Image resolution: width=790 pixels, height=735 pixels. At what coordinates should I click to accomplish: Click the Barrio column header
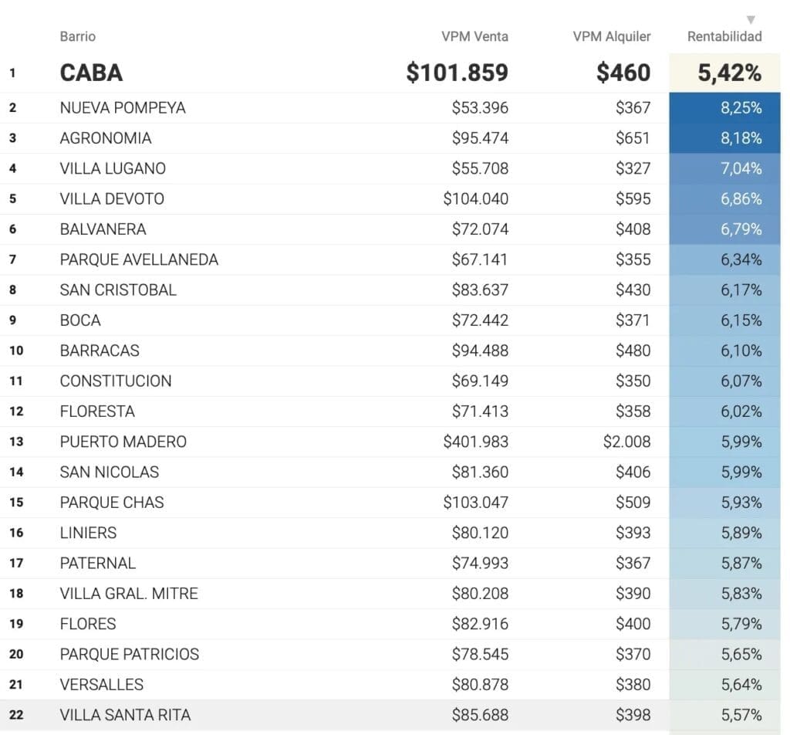(x=77, y=36)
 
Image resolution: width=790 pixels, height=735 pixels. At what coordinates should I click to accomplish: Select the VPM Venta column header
(x=474, y=36)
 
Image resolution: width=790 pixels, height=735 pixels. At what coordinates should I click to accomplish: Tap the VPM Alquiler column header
(x=611, y=36)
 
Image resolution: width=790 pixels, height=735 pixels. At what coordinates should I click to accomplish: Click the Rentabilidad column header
(x=724, y=36)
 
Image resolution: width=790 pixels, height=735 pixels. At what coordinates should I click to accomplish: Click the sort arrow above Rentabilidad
(x=751, y=20)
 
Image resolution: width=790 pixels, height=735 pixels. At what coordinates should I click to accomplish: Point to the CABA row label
(x=91, y=73)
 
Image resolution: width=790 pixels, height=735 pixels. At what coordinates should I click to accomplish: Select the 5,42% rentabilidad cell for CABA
(x=729, y=73)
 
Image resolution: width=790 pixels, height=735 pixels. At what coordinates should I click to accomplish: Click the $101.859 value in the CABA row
(x=457, y=73)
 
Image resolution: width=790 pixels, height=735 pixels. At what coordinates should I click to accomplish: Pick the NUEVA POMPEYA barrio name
(x=123, y=107)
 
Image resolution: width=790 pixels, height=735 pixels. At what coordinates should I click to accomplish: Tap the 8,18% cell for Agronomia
(x=741, y=138)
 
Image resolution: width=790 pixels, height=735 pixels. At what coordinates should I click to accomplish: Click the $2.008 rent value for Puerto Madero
(x=626, y=442)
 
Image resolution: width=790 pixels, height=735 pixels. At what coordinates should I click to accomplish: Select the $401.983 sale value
(x=475, y=442)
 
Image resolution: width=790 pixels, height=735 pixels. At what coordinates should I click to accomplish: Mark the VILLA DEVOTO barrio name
(x=112, y=198)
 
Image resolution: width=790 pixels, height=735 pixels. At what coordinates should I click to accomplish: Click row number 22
(x=15, y=715)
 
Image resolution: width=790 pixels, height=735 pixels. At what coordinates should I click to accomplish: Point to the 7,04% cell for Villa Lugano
(x=741, y=168)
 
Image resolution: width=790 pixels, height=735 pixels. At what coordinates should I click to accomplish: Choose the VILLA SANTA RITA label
(x=125, y=715)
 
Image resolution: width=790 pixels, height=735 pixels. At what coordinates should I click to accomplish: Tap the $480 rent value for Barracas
(x=633, y=351)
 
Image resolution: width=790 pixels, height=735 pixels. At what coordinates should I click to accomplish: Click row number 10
(x=15, y=351)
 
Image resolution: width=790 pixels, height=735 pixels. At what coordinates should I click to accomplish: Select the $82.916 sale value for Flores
(x=480, y=624)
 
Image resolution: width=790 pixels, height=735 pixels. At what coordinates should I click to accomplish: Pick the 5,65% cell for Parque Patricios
(x=741, y=654)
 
